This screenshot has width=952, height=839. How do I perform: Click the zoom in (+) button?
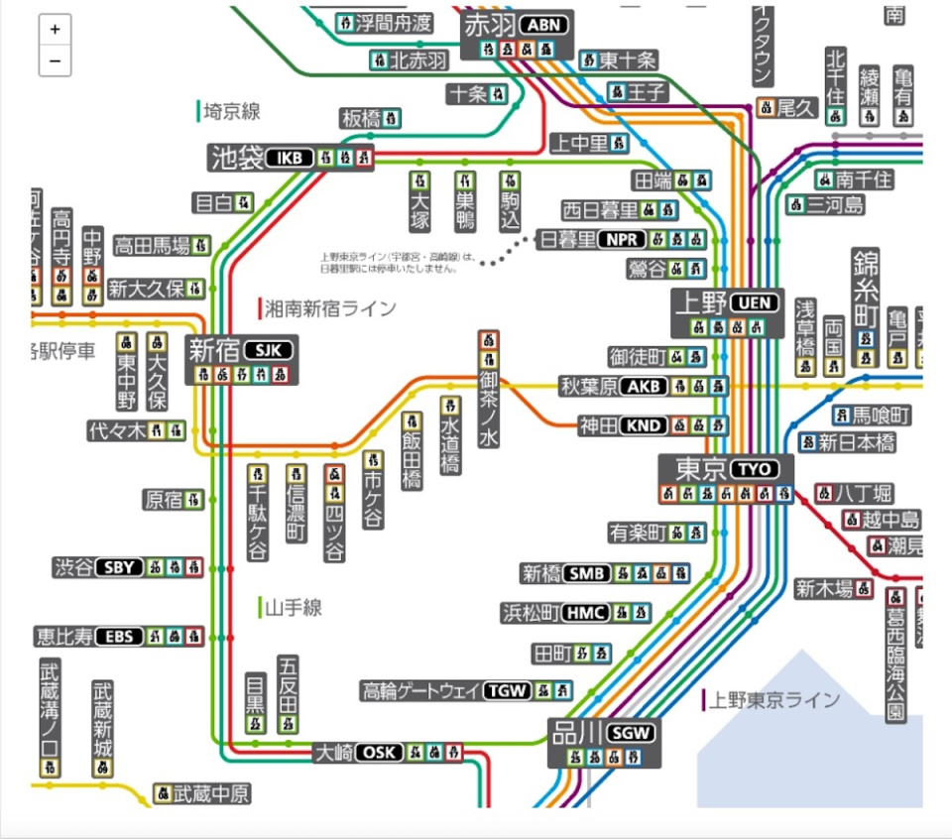pyautogui.click(x=55, y=30)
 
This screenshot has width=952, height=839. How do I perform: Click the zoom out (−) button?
pyautogui.click(x=55, y=60)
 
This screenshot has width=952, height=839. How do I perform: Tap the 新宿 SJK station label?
pyautogui.click(x=241, y=350)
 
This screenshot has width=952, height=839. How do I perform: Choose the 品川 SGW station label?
pyautogui.click(x=604, y=734)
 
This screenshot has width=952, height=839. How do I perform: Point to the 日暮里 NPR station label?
pyautogui.click(x=592, y=239)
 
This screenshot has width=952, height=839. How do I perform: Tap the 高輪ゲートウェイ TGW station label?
pyautogui.click(x=446, y=691)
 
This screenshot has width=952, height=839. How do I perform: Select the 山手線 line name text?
pyautogui.click(x=294, y=607)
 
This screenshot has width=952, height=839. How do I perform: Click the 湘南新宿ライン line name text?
pyautogui.click(x=330, y=308)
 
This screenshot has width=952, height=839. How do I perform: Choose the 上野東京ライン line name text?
pyautogui.click(x=773, y=700)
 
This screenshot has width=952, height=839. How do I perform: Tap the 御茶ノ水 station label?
pyautogui.click(x=488, y=409)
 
